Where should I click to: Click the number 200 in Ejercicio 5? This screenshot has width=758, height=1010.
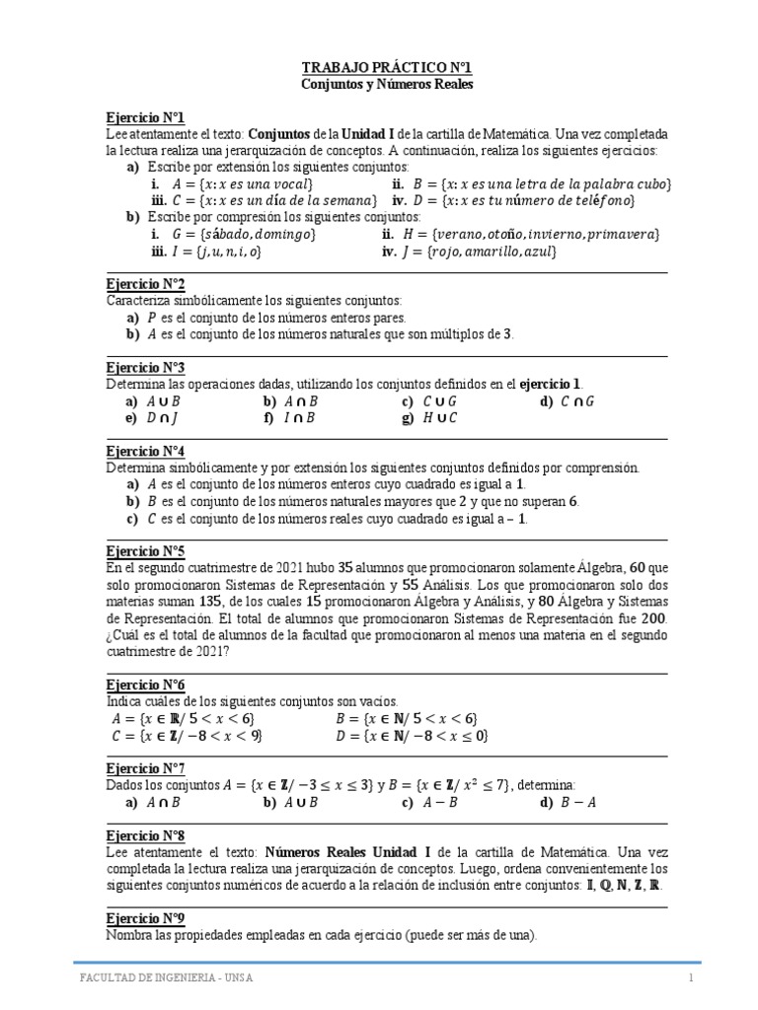(x=654, y=617)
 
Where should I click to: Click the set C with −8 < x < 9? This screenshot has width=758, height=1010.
(x=189, y=735)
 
